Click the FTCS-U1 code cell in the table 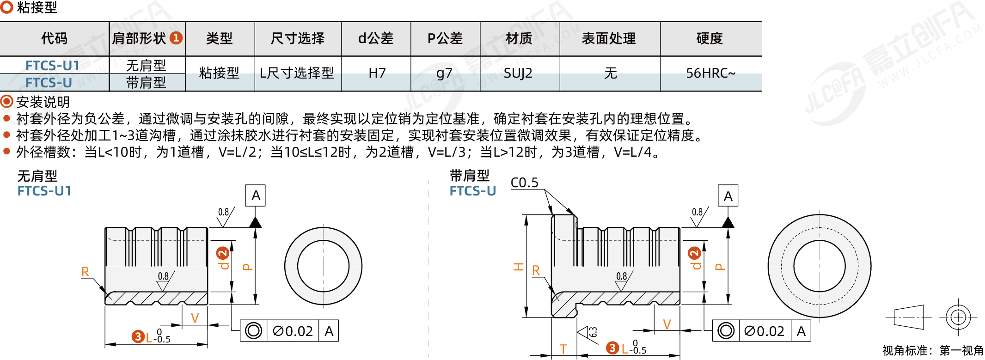pos(53,66)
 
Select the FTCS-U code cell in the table pos(49,83)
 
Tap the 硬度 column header pos(710,38)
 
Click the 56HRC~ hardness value pos(710,73)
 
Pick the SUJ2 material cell pos(518,73)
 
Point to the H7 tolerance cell pos(377,73)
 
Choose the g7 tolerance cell pos(444,73)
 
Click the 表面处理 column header pos(609,38)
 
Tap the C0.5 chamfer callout pos(524,183)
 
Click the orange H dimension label pos(518,267)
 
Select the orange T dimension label pos(563,349)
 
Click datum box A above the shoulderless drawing pos(255,195)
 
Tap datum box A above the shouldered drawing pos(728,196)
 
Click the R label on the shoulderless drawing pos(85,272)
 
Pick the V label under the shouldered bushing pos(667,324)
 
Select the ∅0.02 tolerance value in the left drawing pos(293,331)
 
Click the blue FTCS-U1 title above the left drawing pos(44,191)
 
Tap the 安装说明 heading pos(43,102)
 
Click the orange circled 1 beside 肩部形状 pos(176,38)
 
